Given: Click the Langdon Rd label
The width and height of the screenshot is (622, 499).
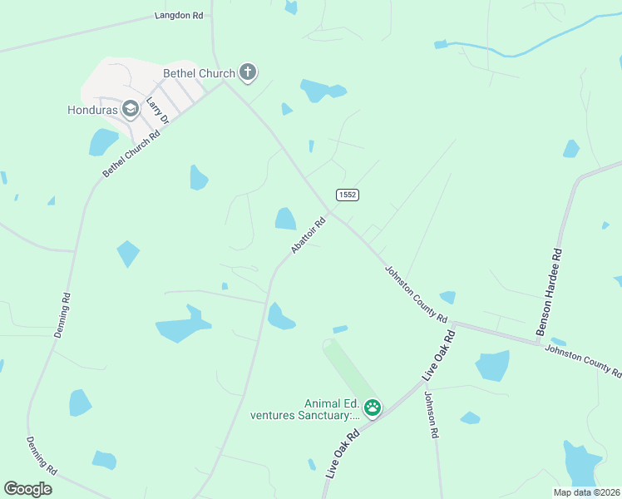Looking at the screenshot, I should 179,16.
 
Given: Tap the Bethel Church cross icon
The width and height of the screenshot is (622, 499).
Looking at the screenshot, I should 247,73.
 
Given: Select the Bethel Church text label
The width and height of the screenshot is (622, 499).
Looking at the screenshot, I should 199,73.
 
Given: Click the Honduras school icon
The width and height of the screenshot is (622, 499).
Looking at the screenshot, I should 130,109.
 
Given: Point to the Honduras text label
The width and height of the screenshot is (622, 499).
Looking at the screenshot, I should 93,109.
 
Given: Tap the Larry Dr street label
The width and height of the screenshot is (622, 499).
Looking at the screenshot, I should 157,111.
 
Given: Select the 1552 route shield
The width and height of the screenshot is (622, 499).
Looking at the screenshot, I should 347,194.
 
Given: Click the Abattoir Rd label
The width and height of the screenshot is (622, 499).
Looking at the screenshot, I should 308,236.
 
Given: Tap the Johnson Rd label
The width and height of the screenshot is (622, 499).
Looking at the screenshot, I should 431,415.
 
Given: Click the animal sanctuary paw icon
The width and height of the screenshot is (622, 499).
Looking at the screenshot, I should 373,408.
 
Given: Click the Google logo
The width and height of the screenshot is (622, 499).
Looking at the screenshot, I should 27,489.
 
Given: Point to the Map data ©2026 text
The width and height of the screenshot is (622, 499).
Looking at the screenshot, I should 587,492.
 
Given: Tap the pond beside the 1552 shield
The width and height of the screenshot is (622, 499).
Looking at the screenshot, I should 285,219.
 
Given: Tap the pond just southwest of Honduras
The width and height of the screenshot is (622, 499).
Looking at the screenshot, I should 104,143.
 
